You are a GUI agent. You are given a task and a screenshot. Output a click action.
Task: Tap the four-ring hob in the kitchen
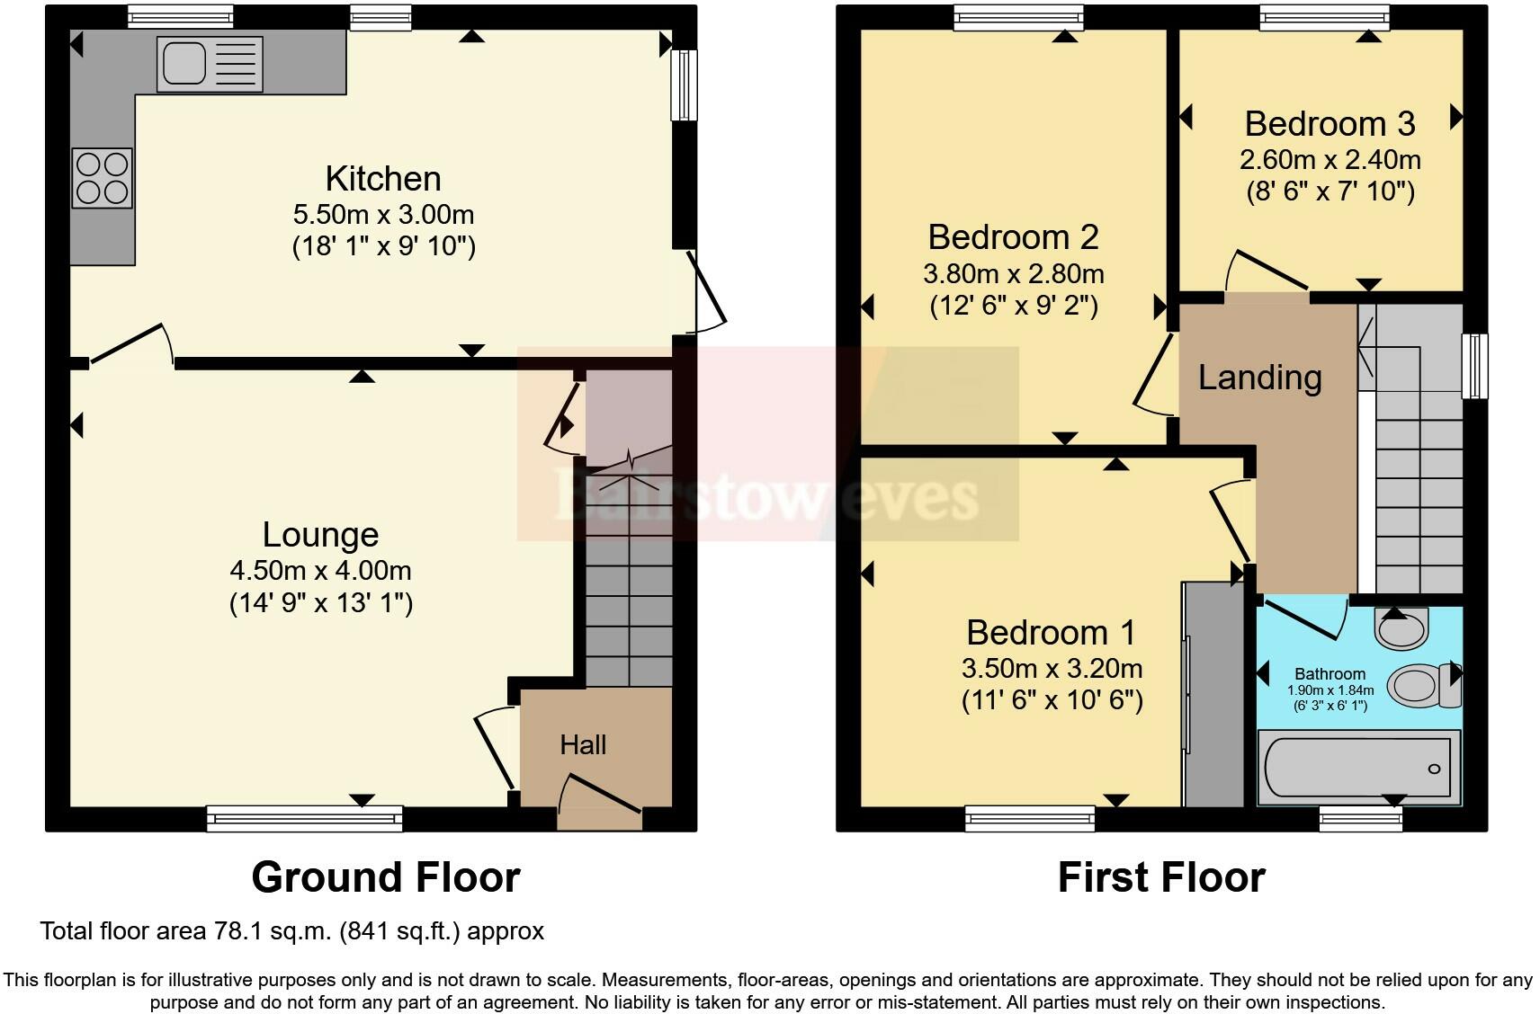pos(102,178)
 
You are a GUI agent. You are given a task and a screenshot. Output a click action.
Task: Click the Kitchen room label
pos(383,179)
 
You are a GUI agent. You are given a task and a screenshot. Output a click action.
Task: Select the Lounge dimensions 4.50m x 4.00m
pos(321,570)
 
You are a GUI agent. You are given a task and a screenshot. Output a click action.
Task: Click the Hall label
pos(583,744)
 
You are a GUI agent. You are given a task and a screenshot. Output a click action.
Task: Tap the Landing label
pos(1259,378)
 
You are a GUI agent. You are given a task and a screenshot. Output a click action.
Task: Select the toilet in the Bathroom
pos(1423,685)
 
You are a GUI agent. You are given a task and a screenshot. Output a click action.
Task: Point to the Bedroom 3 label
pos(1330,123)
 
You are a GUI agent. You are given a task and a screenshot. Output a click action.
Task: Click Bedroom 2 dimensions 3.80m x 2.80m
pos(1014,273)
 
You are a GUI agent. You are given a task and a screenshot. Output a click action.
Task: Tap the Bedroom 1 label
pos(1051,633)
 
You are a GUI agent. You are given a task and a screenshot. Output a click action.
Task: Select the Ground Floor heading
pos(385,877)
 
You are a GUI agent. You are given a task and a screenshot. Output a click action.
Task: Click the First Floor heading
pos(1160,877)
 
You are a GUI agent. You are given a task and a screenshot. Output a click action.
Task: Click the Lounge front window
pos(304,817)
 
